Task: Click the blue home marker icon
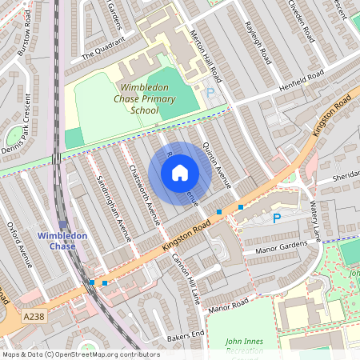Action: (x=180, y=173)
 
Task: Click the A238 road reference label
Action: (x=33, y=318)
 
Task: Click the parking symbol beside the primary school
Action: (x=211, y=93)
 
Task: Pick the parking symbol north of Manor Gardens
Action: (x=277, y=218)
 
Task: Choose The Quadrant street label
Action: (x=103, y=50)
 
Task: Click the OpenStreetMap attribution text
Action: (x=80, y=354)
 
